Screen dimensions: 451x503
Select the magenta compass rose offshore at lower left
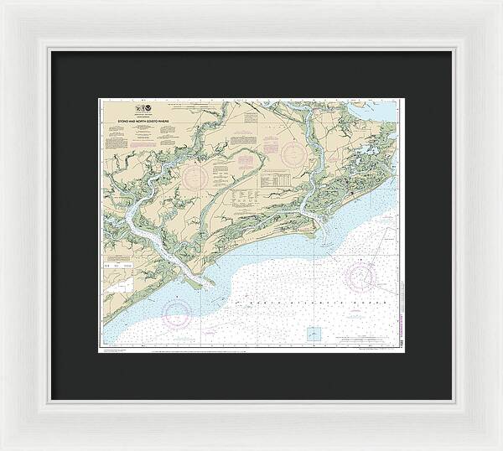pos(177,314)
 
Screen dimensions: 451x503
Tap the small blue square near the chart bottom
pos(314,333)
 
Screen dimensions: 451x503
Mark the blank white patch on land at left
pos(124,286)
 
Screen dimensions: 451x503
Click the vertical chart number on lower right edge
pos(402,334)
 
